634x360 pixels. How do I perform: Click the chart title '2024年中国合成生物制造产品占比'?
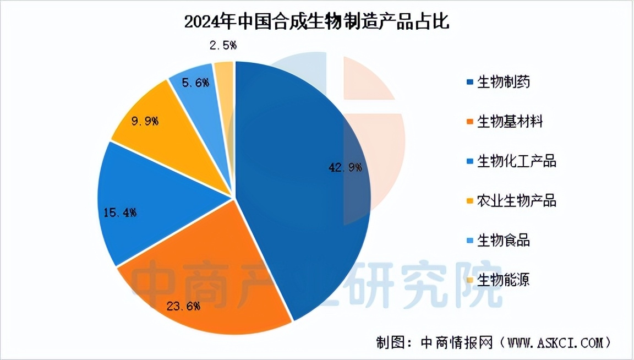[317, 22]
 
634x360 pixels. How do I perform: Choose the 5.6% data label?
[196, 83]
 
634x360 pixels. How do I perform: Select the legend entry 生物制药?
[504, 82]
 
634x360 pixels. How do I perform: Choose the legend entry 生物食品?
[504, 240]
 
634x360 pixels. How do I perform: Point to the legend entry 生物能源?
[504, 280]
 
